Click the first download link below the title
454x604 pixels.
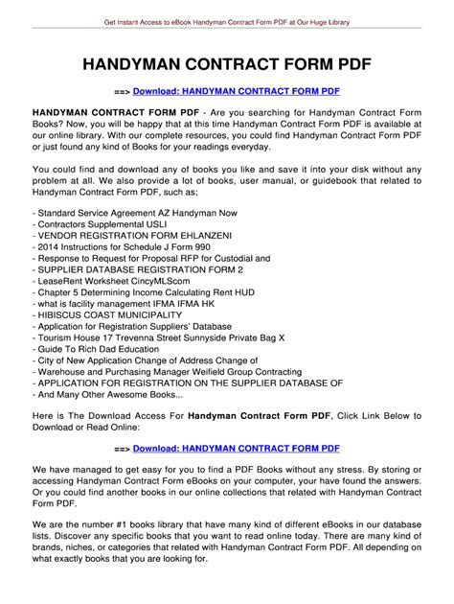point(237,91)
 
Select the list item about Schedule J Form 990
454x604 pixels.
point(138,245)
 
